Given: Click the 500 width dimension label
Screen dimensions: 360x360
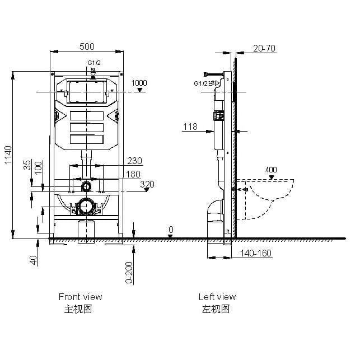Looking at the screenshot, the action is (x=87, y=46).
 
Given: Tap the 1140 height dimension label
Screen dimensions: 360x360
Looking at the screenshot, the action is (x=8, y=155).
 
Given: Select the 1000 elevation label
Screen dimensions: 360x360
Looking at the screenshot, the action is (x=139, y=83).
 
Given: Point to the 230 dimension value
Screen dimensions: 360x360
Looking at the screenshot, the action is (x=134, y=161).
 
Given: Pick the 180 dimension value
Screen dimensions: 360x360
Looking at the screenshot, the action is (x=133, y=174).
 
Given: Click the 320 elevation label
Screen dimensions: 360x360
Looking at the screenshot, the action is (x=147, y=184).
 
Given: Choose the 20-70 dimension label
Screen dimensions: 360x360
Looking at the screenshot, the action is (x=264, y=48).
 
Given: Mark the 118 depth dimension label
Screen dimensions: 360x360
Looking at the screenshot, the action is (x=190, y=127).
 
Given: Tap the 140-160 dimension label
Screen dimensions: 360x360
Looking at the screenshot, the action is (x=256, y=253).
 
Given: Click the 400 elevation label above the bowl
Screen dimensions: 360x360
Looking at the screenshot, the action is (x=271, y=170).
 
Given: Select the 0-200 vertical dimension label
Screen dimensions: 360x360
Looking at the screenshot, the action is (x=129, y=273).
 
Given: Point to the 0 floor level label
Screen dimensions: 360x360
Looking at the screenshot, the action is (x=171, y=230).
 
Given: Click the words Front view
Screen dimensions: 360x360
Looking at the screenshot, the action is (x=81, y=297).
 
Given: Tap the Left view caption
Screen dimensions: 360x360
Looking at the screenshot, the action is (x=217, y=297).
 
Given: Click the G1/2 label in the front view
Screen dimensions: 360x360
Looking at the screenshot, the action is (x=94, y=63).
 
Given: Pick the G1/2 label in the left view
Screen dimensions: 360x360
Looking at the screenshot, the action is (x=200, y=83).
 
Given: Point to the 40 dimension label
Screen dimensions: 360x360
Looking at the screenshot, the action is (x=34, y=260).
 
